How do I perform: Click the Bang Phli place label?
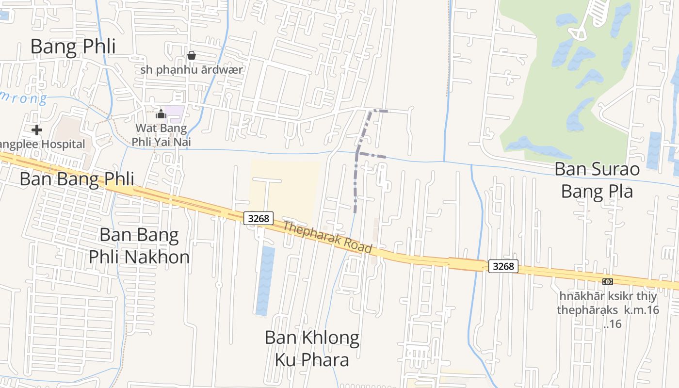(73, 47)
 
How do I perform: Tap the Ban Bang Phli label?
(77, 178)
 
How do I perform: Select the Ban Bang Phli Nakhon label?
(139, 246)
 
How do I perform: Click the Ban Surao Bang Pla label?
(597, 180)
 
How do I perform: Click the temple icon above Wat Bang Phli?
(161, 114)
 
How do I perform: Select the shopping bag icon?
(192, 55)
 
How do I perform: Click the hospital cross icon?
(36, 129)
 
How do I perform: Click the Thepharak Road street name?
(327, 237)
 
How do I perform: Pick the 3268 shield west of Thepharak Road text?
(258, 218)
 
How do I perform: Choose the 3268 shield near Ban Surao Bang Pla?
(503, 266)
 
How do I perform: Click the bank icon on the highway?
(607, 282)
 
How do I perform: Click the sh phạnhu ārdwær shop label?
(192, 69)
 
